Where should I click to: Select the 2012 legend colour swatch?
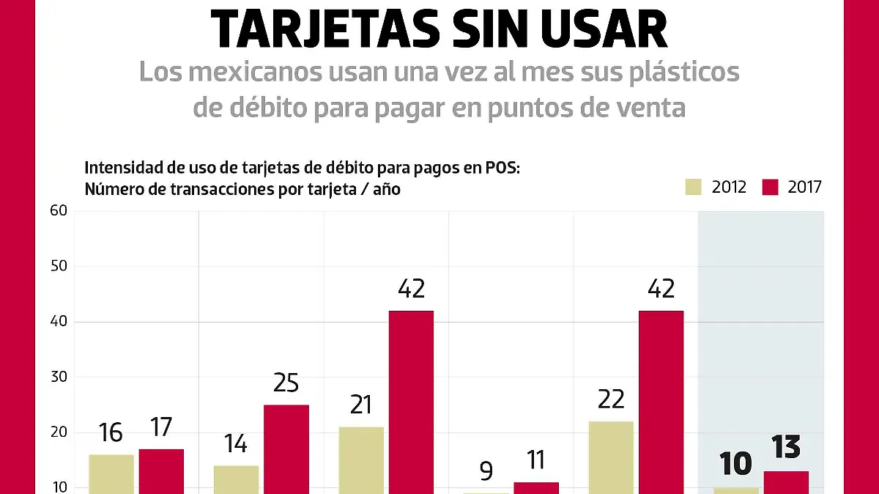coord(692,187)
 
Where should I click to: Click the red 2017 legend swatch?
coord(770,187)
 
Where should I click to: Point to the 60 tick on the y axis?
coord(59,211)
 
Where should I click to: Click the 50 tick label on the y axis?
coord(59,266)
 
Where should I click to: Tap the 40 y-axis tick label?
coord(59,322)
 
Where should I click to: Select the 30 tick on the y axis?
coord(59,377)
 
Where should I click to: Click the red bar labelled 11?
coord(536,487)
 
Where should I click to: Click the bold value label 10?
coord(735,465)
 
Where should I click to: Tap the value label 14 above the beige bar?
coord(236,443)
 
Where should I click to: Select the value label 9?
coord(486,470)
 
